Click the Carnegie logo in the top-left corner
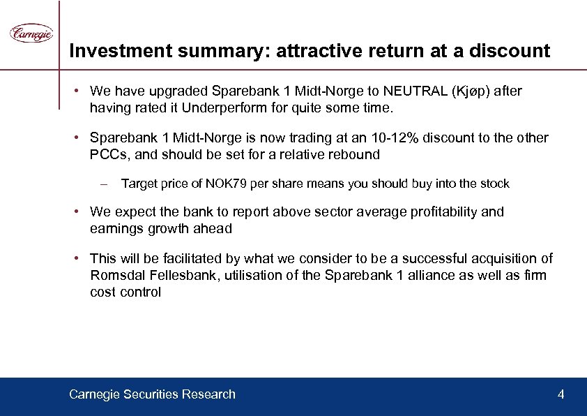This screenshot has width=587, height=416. [x=31, y=33]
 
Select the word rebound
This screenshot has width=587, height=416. [x=356, y=154]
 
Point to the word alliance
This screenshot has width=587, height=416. [x=433, y=275]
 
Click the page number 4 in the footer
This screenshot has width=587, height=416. [x=561, y=394]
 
